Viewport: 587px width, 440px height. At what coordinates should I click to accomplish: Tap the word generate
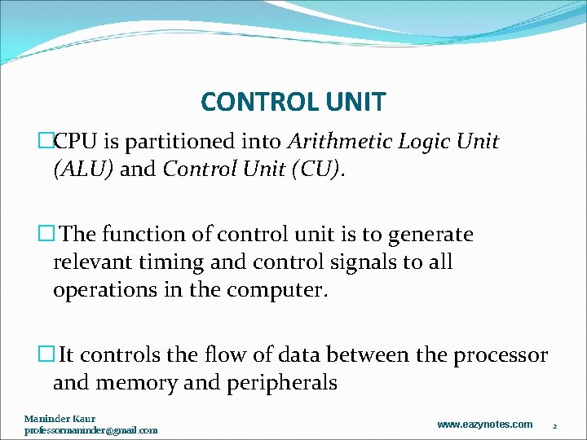click(x=431, y=235)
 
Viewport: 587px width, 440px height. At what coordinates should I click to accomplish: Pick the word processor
click(x=501, y=355)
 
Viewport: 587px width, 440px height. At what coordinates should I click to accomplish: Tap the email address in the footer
click(x=90, y=429)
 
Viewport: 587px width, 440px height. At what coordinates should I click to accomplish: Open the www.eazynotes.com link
click(x=484, y=424)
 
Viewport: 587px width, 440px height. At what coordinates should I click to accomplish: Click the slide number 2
click(x=554, y=425)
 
